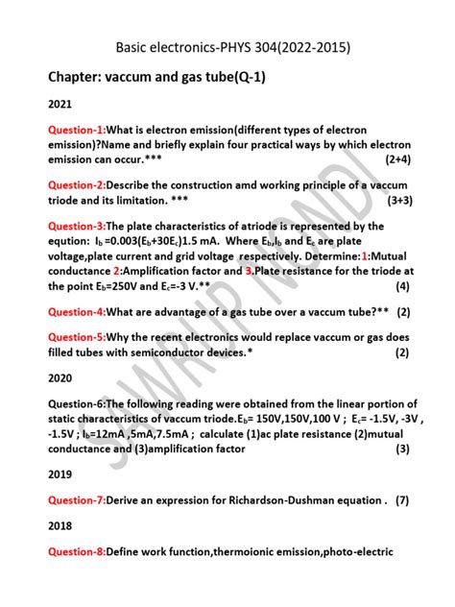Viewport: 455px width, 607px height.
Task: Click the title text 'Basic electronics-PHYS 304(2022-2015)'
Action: pos(227,46)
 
